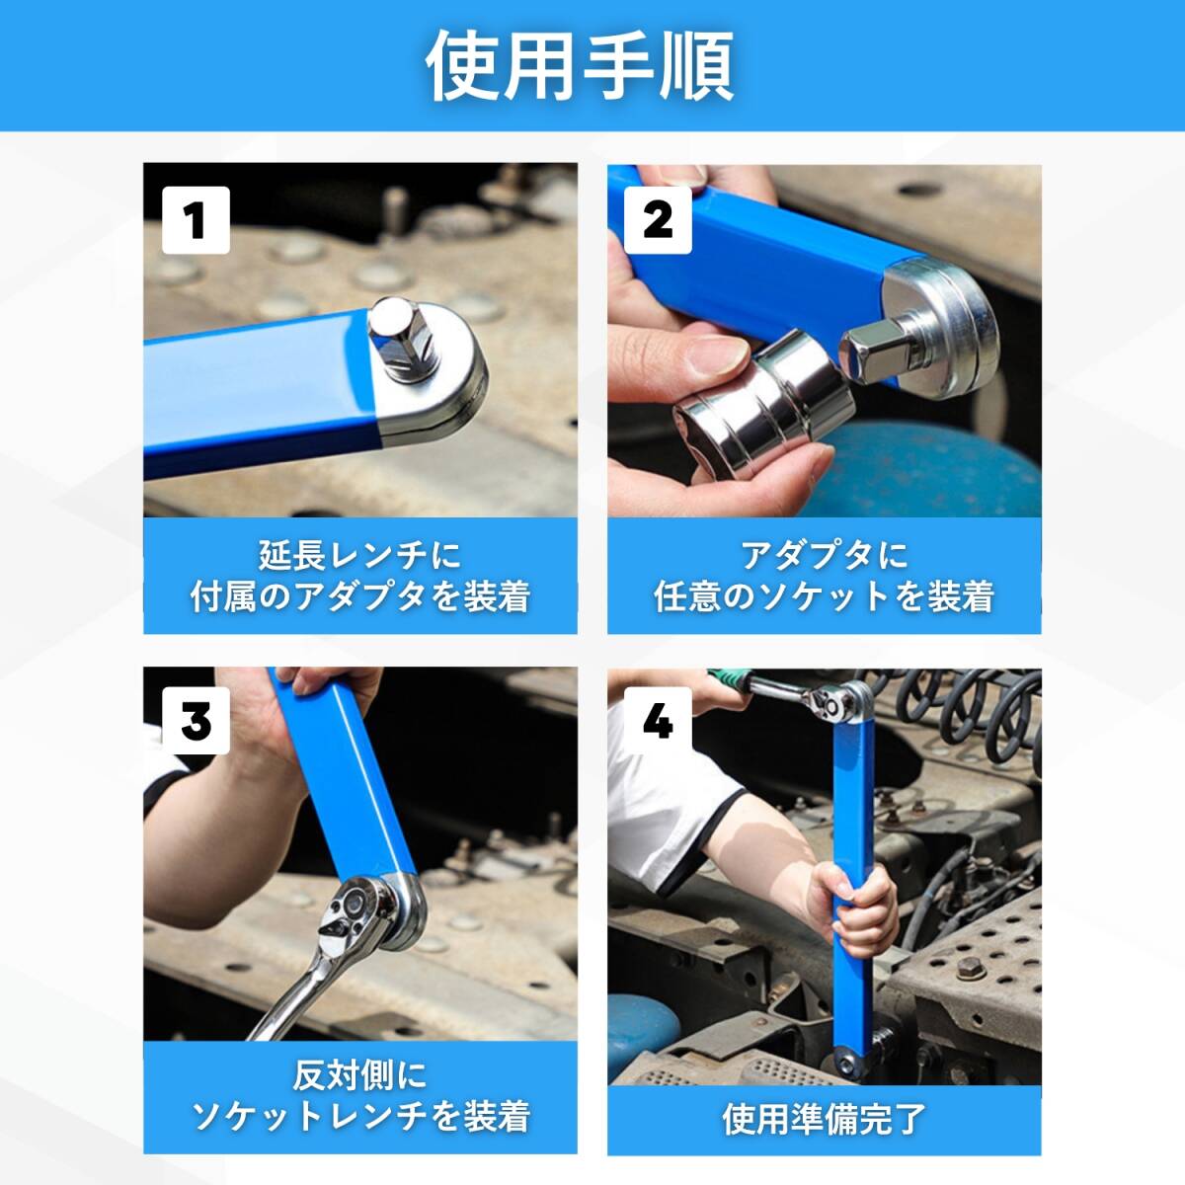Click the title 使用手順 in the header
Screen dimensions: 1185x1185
click(580, 66)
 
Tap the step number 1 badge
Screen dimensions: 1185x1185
click(196, 220)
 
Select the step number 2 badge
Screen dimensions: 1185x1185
click(658, 220)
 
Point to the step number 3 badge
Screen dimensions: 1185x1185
click(196, 720)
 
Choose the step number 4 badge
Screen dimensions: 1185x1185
click(658, 720)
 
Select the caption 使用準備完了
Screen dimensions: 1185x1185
click(824, 1119)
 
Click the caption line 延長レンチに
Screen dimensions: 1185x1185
click(359, 555)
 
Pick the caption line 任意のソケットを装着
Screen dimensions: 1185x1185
click(824, 595)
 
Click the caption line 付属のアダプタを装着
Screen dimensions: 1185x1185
click(359, 595)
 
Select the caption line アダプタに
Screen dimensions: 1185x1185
click(824, 555)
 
